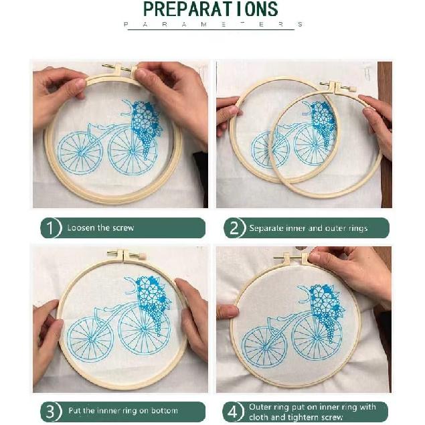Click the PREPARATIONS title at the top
(211, 9)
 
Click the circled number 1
(51, 228)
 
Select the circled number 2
(234, 228)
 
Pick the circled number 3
(51, 410)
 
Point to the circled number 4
(234, 410)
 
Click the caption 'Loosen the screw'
(100, 228)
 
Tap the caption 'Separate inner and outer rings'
(308, 228)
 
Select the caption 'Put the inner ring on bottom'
(122, 410)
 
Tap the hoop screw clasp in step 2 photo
(337, 86)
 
